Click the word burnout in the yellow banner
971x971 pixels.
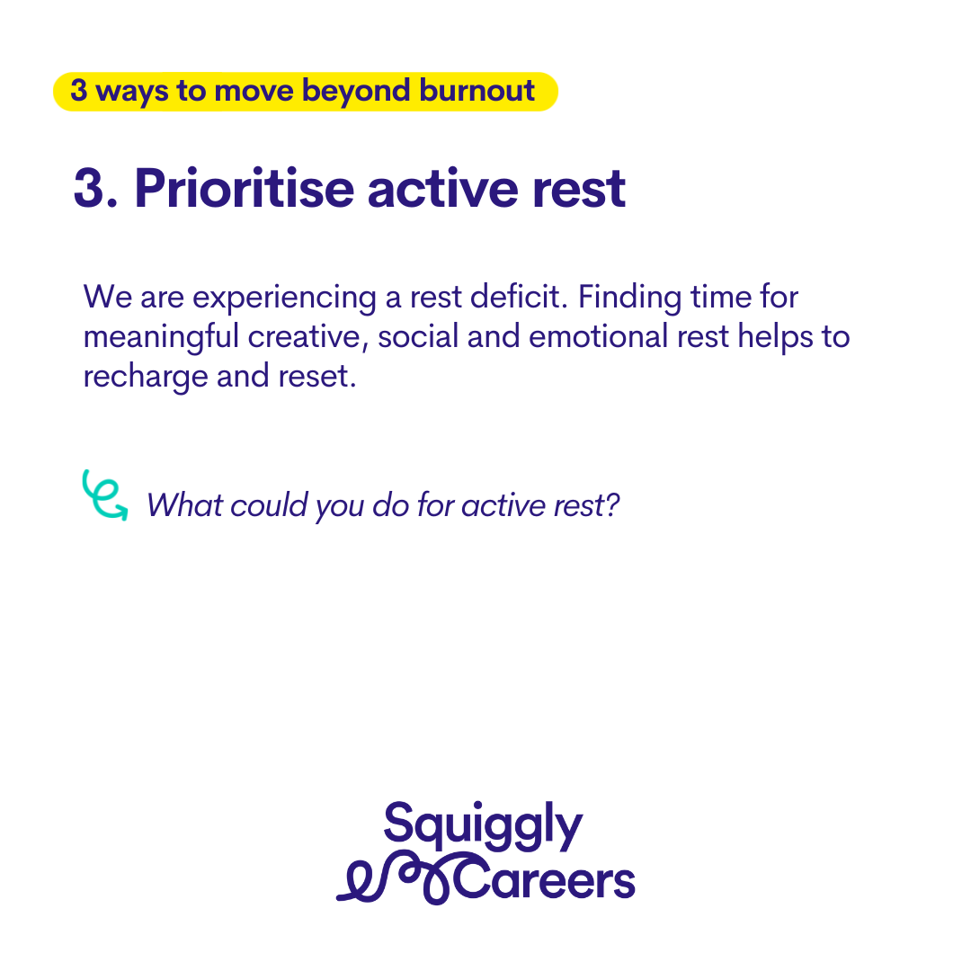coord(477,91)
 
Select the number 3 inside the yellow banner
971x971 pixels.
coord(78,91)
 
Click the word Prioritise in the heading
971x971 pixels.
coord(244,188)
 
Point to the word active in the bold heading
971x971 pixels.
coord(442,188)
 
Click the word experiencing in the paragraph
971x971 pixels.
coord(284,298)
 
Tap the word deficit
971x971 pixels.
coord(519,296)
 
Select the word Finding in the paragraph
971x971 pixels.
coord(629,298)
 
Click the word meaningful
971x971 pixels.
coord(161,338)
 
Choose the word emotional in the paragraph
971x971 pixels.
coord(598,336)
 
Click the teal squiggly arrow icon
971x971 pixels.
coord(104,494)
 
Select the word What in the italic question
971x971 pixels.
coord(184,505)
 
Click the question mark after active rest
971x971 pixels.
coord(612,504)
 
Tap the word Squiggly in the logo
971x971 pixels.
coord(483,826)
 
